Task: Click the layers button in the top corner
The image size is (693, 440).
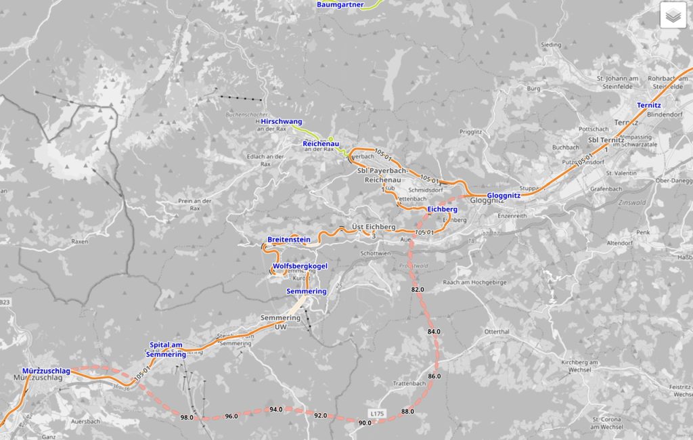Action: coord(673,15)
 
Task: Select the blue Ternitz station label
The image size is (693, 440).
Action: coord(648,106)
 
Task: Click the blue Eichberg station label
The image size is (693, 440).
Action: coord(443,209)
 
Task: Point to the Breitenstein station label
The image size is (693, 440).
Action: coord(288,240)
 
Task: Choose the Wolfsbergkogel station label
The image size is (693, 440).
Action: coord(300,266)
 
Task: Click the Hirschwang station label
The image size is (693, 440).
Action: coord(282,121)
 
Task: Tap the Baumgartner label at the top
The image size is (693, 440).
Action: coord(340,5)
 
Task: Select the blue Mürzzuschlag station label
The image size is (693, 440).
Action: coord(46,371)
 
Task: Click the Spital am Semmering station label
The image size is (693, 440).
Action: coord(166,349)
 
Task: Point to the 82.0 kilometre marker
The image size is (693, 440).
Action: coord(418,290)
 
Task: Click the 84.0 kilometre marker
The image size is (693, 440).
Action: coord(434,332)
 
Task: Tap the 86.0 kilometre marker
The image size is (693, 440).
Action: coord(434,376)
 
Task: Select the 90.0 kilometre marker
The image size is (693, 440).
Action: coord(365,423)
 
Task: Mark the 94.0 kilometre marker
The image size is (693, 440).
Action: coord(276,410)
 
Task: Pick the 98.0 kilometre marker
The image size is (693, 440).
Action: coord(187,417)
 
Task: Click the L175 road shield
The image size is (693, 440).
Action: coord(378,412)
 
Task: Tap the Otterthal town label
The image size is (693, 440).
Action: coord(497,331)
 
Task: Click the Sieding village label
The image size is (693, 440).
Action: coord(551,45)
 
